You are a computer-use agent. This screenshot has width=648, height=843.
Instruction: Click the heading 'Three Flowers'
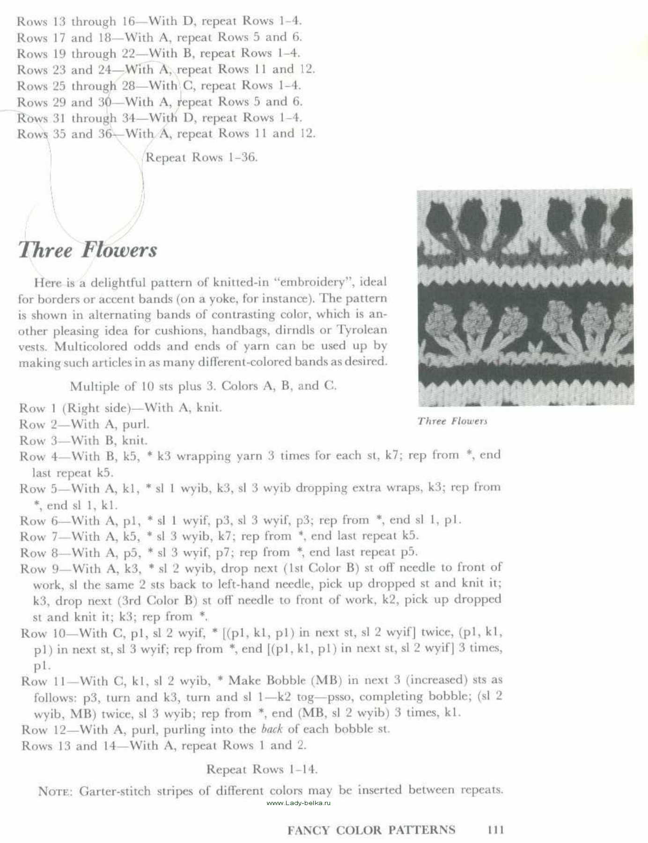pyautogui.click(x=88, y=250)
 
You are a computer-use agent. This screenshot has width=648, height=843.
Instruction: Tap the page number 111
pyautogui.click(x=495, y=830)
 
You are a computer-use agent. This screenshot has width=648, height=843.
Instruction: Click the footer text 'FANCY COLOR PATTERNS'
pyautogui.click(x=371, y=830)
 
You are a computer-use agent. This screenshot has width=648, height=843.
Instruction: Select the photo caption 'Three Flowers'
pyautogui.click(x=452, y=421)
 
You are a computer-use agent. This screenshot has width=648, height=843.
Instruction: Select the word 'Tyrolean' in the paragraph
pyautogui.click(x=362, y=330)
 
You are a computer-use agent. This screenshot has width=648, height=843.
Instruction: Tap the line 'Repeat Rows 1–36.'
pyautogui.click(x=201, y=157)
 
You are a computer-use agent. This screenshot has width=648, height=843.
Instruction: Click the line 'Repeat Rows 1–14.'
pyautogui.click(x=262, y=769)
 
